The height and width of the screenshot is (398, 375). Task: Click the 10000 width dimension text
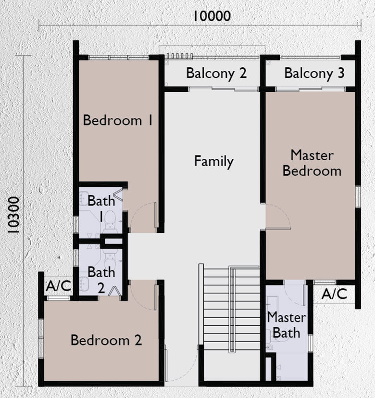212,16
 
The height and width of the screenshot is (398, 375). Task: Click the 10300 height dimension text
14,215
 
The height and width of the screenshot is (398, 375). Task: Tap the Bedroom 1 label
118,120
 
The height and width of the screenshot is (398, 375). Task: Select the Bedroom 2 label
106,341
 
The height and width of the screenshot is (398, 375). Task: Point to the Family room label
214,161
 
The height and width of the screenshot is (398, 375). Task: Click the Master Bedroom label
312,163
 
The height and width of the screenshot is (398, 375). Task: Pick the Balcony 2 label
216,74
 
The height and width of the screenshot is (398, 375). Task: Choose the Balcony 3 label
314,74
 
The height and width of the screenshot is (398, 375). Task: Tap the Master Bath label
286,325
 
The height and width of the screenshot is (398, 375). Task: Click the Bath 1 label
101,207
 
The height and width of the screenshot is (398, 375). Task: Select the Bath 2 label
101,279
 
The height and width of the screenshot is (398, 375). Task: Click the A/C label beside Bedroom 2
58,286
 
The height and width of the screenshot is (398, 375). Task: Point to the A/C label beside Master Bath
335,294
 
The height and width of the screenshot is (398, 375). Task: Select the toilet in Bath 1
110,219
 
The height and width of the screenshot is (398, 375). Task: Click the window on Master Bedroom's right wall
358,197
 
